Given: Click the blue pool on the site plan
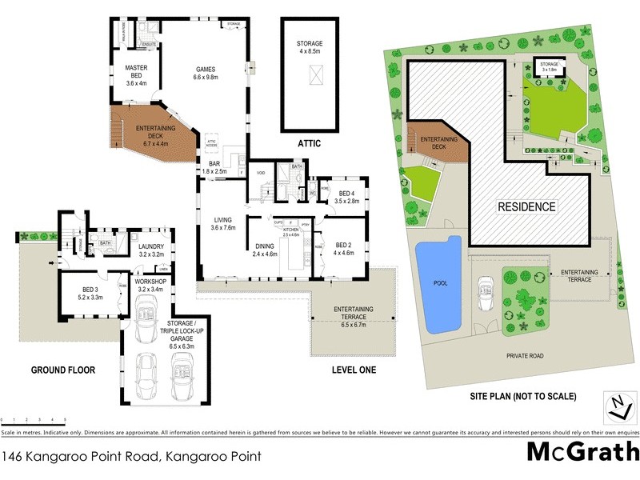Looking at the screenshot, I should pos(440,284).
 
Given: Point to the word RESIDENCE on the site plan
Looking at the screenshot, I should pos(527,206).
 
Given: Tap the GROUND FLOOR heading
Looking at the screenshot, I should pos(63,370).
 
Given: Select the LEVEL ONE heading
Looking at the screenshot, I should pos(353,370).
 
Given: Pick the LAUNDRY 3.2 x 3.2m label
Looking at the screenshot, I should pos(151,250).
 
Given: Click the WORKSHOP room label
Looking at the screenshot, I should pos(150,285).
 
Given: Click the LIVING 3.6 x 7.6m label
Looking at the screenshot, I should pos(223,224).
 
